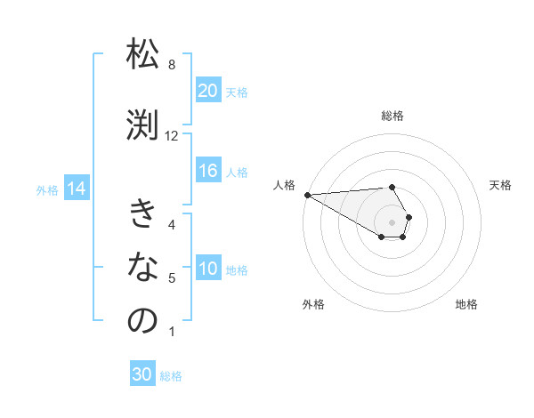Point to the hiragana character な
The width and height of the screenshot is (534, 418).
pos(142,268)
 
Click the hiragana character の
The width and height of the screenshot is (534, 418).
pos(142,321)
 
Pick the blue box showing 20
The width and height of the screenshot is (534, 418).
pos(207,91)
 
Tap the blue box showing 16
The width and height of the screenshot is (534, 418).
pos(207,172)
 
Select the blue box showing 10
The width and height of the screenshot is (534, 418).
pos(207,269)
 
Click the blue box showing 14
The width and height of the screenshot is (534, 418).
pos(76,189)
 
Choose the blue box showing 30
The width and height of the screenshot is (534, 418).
pos(142,374)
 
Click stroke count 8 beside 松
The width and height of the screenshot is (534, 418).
pos(172,64)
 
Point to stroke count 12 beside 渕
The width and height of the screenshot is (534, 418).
pos(172,135)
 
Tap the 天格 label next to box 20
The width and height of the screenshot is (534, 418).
pos(236,92)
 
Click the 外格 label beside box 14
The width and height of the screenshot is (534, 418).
pos(47,189)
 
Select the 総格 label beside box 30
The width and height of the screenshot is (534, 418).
pos(171,375)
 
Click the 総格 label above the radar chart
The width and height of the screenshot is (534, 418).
pos(392,116)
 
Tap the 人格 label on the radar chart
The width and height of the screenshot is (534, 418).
pos(284,185)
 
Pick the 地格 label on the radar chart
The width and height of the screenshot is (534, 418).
pos(466,304)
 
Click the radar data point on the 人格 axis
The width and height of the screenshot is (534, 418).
pos(307,195)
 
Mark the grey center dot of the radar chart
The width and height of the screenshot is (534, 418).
pos(392,221)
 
